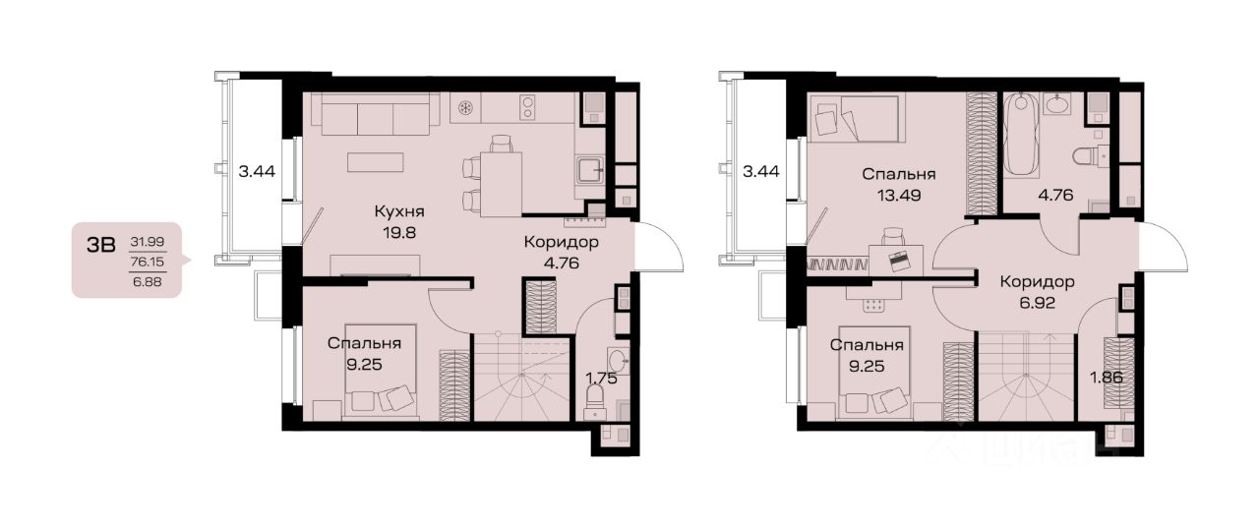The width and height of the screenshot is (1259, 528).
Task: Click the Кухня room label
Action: tap(399, 211)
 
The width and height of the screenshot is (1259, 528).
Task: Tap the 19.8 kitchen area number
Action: tap(399, 233)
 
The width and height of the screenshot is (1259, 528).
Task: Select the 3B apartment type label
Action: tap(101, 245)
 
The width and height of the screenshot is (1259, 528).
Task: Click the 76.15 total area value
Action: tap(148, 262)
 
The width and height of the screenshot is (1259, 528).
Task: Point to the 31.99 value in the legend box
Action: tap(148, 242)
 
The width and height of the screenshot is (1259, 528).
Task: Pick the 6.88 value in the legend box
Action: tap(148, 281)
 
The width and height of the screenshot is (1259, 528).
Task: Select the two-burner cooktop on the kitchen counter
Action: tap(527, 107)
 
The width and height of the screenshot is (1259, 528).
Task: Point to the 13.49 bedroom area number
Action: tap(899, 196)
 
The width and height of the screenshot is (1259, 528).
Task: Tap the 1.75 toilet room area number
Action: tap(601, 378)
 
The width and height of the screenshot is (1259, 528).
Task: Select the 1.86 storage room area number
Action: tap(1107, 378)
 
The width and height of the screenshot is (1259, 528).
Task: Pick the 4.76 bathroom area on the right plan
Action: tap(1055, 195)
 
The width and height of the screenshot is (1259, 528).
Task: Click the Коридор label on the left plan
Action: tap(561, 242)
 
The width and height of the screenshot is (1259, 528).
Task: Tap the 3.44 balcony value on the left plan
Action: tap(257, 171)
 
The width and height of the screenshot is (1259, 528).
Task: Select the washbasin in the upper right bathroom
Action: tap(1057, 104)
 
